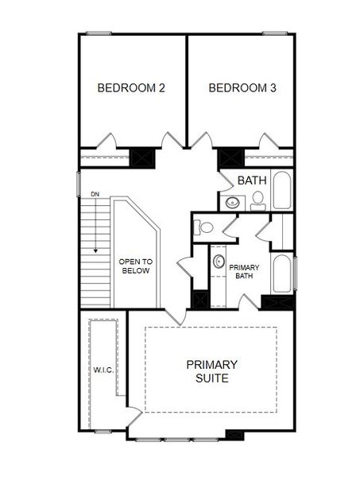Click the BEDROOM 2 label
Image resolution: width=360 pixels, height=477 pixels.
[131, 87]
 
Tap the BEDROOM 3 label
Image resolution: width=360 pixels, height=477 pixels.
[242, 87]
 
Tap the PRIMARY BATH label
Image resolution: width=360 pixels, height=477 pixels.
[242, 272]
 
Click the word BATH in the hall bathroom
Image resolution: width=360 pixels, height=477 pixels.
[251, 180]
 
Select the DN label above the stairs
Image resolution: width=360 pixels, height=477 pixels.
[95, 194]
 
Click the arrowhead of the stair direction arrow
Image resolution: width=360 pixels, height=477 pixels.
[95, 250]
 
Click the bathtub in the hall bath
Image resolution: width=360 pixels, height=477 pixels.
[282, 189]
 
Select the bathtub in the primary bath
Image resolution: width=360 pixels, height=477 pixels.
[282, 273]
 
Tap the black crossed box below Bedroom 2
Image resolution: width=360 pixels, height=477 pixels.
[141, 157]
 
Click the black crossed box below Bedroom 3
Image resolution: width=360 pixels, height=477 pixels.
[230, 157]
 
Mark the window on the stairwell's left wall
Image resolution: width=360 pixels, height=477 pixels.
[78, 182]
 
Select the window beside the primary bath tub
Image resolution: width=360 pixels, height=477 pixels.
[295, 273]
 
